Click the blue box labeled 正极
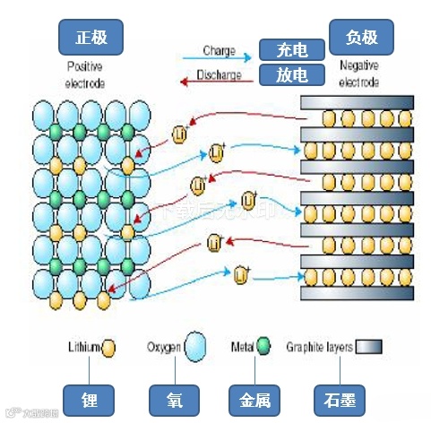[x=90, y=37]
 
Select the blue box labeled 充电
[x=292, y=50]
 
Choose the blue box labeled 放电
[x=292, y=74]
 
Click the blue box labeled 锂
[x=86, y=398]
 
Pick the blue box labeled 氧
[x=172, y=398]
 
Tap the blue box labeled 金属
[x=255, y=398]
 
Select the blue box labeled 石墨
[x=340, y=398]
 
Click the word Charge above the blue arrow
[x=219, y=50]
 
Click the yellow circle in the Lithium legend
[x=109, y=347]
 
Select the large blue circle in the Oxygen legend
[x=195, y=348]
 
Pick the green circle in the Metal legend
[x=263, y=347]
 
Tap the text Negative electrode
[x=361, y=75]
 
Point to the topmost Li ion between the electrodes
[x=180, y=134]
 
